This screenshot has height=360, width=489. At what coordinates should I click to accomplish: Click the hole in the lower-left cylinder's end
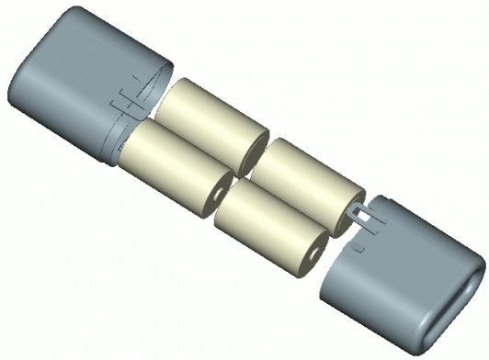[219, 196]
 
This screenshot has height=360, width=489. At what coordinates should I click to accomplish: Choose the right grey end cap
[404, 276]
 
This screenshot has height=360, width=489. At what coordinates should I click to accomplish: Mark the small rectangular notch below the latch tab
[361, 245]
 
